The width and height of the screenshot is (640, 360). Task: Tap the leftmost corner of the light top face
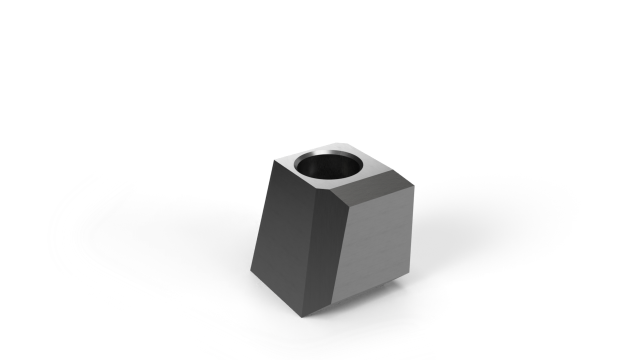[x=274, y=160]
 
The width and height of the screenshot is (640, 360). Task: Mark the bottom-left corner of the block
[x=251, y=270]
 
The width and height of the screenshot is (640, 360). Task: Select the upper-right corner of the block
[x=414, y=186]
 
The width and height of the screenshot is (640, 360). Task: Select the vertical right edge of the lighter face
[x=411, y=230]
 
